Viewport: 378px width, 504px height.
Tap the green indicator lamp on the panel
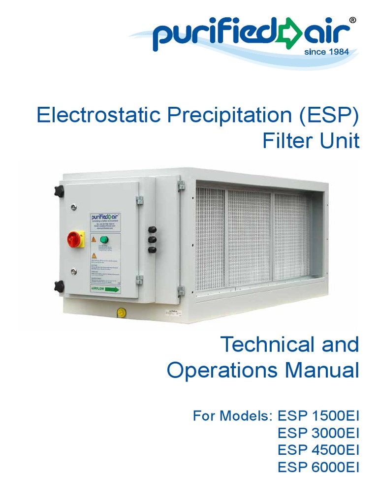pyautogui.click(x=103, y=240)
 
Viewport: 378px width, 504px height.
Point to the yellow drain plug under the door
pyautogui.click(x=120, y=312)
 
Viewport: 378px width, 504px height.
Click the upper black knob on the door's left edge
pyautogui.click(x=59, y=190)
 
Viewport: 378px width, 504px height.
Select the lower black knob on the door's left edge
pyautogui.click(x=59, y=285)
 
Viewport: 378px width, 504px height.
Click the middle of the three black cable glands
pyautogui.click(x=152, y=239)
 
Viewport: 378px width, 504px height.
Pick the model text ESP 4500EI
pyautogui.click(x=318, y=450)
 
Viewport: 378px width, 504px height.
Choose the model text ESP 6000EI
pyautogui.click(x=318, y=467)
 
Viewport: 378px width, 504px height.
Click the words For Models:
pyautogui.click(x=232, y=416)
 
